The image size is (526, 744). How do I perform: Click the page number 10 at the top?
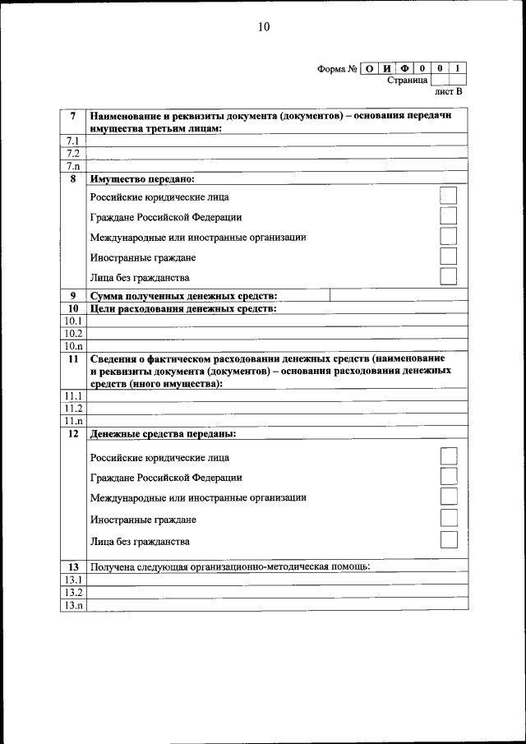pyautogui.click(x=263, y=26)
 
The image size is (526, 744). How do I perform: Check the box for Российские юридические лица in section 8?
pyautogui.click(x=448, y=196)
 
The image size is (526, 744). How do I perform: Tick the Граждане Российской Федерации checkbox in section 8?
pyautogui.click(x=448, y=216)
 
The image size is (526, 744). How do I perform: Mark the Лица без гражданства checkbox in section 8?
pyautogui.click(x=448, y=277)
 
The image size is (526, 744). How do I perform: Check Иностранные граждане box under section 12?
pyautogui.click(x=448, y=518)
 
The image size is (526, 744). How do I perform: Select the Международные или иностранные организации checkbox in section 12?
pyautogui.click(x=448, y=497)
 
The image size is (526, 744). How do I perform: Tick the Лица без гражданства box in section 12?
pyautogui.click(x=448, y=540)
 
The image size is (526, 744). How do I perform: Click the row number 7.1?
pyautogui.click(x=73, y=141)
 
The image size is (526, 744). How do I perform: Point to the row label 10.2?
pyautogui.click(x=73, y=334)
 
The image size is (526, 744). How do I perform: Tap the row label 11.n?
pyautogui.click(x=73, y=421)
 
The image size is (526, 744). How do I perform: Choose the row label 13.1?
pyautogui.click(x=73, y=580)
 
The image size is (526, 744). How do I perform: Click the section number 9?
pyautogui.click(x=73, y=296)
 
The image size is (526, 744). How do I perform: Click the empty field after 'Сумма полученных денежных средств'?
pyautogui.click(x=398, y=296)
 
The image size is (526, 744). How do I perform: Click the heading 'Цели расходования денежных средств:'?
pyautogui.click(x=182, y=308)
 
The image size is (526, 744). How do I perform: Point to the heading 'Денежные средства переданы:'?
pyautogui.click(x=163, y=433)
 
